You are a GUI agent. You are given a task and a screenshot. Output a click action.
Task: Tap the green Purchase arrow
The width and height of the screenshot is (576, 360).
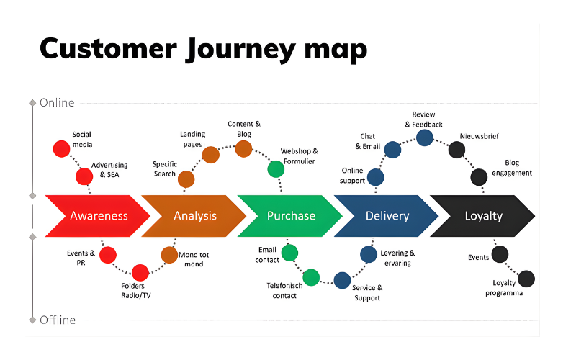point(291,215)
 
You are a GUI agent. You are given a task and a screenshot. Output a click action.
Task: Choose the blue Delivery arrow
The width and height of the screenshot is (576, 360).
point(387,215)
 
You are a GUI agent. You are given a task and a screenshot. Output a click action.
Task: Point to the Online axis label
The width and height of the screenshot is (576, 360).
point(57,102)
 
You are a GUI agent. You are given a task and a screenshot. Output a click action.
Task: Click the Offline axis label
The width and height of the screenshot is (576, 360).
point(58,319)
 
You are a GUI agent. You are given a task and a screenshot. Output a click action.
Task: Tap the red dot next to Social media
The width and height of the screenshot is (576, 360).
point(62,149)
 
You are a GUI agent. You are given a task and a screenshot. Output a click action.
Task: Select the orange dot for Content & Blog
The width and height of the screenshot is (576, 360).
point(243,149)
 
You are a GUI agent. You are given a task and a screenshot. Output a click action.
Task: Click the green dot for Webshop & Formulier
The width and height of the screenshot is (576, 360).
point(276,169)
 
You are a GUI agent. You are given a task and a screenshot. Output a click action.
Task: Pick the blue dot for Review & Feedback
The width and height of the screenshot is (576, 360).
point(425,137)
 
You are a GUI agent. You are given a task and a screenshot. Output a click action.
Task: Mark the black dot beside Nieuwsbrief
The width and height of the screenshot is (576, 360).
point(456,150)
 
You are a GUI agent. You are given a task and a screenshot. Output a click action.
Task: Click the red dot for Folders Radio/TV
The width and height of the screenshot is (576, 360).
point(140,273)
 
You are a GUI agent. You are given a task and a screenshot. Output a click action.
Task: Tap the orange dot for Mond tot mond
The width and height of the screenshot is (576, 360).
point(169,255)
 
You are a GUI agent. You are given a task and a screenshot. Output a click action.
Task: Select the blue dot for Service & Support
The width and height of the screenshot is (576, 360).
point(343,280)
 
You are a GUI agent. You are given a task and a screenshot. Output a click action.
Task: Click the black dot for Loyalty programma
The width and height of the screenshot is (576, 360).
point(526,279)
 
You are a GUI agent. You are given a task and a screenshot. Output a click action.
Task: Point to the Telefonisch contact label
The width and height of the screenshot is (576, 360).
point(284,290)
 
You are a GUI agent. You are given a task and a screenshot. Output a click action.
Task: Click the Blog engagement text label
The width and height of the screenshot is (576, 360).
point(512,168)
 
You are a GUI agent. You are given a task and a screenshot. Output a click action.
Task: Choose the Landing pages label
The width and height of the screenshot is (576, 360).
point(193,139)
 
